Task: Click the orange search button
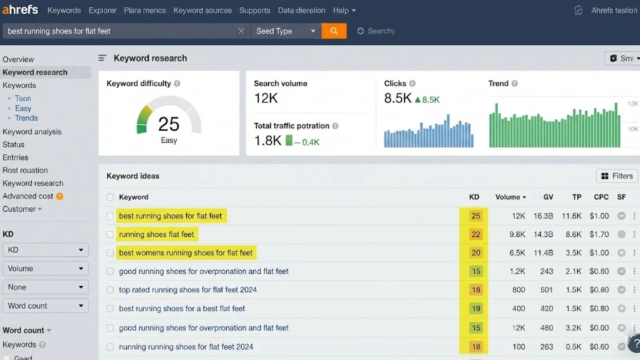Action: [x=334, y=31]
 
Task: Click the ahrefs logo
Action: [x=20, y=10]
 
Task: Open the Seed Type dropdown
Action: [x=286, y=31]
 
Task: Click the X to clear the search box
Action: [x=241, y=31]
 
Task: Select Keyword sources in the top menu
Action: [x=202, y=11]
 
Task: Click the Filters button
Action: [x=617, y=176]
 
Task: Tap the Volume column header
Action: [x=510, y=197]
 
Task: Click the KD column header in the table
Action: [x=474, y=197]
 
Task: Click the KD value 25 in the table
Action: [x=476, y=216]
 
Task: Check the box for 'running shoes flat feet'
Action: [x=110, y=235]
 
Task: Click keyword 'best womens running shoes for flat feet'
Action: [x=186, y=253]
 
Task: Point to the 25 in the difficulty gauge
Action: [x=169, y=124]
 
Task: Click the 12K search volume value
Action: [x=266, y=99]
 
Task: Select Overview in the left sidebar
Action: [x=18, y=59]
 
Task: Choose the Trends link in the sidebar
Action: [x=26, y=118]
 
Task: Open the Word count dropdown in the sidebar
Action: [x=45, y=306]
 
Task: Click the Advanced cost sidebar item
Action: [x=28, y=196]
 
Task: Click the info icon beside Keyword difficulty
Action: [x=177, y=84]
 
